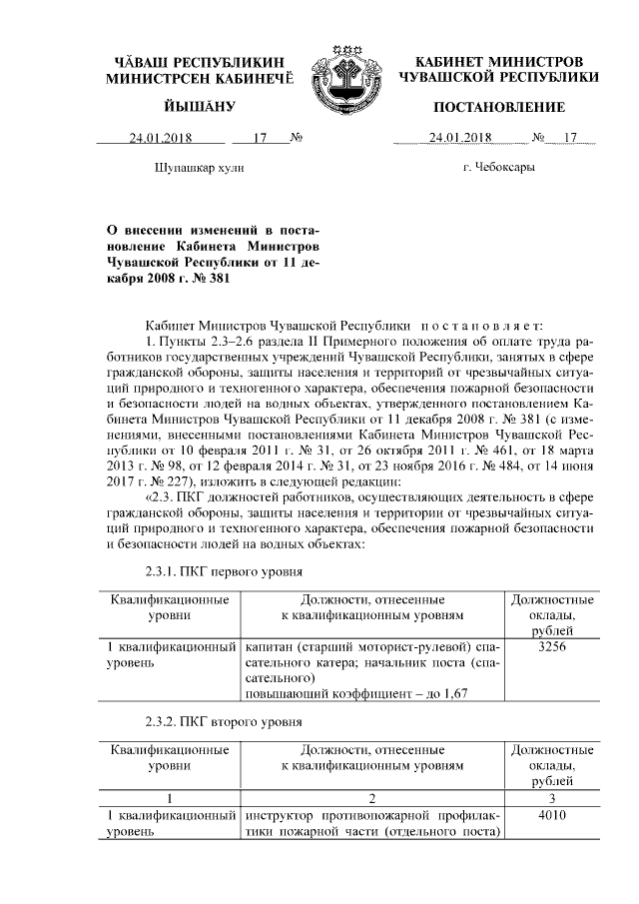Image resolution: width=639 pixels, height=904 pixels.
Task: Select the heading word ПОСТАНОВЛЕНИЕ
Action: coord(498,107)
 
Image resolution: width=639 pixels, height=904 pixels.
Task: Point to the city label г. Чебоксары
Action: coord(498,168)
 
